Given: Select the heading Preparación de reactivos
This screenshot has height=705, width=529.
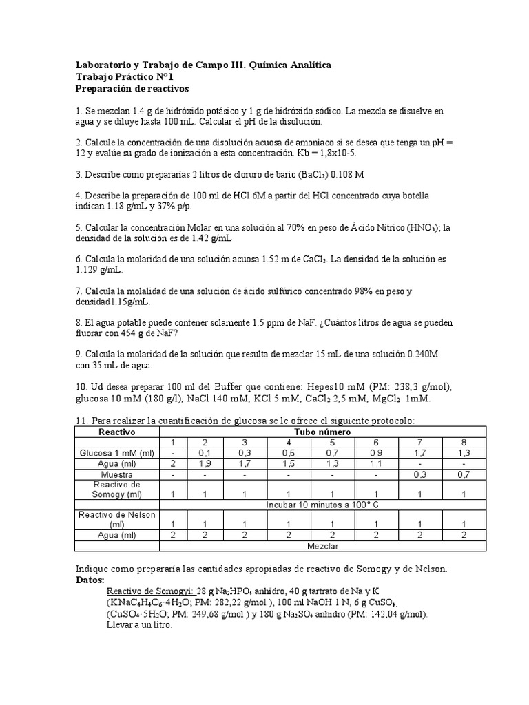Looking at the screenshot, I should click(131, 90).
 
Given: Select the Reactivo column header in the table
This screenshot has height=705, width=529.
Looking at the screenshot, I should click(117, 432).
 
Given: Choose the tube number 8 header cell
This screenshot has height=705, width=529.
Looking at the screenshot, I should click(463, 442).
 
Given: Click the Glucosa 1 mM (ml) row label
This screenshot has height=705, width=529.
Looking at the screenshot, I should click(117, 453).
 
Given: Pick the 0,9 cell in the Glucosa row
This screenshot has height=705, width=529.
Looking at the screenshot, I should click(375, 453).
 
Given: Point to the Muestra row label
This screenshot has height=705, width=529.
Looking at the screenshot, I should click(117, 474).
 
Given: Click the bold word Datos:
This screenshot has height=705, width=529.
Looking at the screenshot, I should click(90, 580).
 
